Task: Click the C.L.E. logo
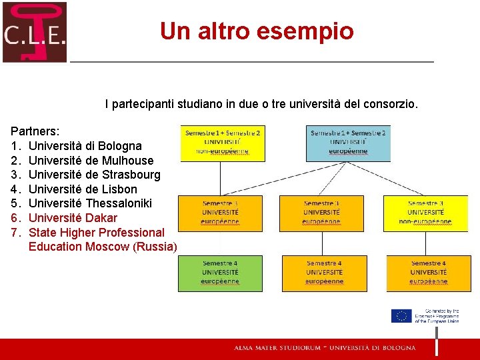tap(35, 32)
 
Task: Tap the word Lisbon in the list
tap(119, 189)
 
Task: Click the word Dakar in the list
tap(101, 218)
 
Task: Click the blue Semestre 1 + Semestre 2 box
tap(347, 143)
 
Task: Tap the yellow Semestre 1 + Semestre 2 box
tap(223, 143)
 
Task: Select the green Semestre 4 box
tap(220, 273)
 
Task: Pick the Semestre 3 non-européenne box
tap(425, 213)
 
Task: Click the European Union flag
tap(401, 316)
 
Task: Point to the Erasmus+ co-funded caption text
tap(436, 316)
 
